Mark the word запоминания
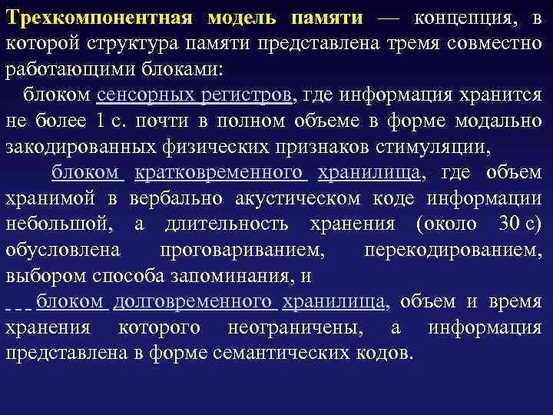pos(234,275)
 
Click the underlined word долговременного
pos(194,301)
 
